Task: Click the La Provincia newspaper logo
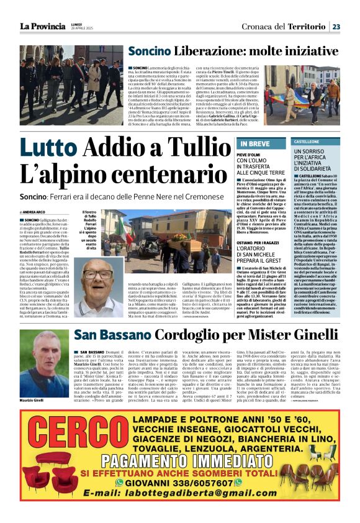tap(43, 26)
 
